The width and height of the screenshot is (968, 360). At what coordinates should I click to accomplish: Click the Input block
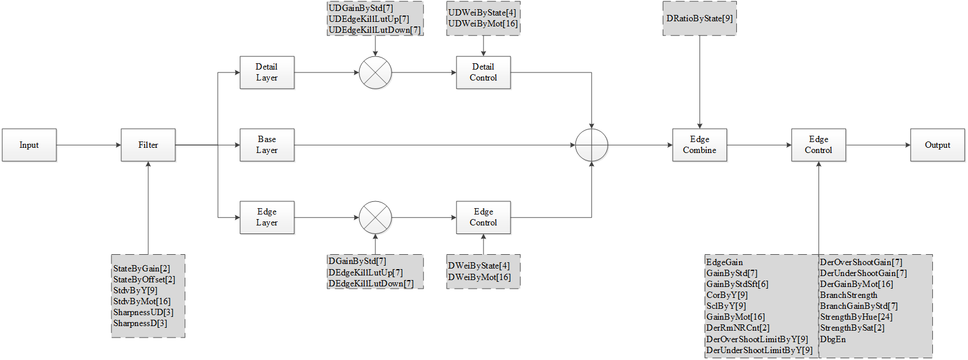click(x=29, y=145)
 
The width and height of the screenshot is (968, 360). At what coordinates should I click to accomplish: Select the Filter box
click(x=148, y=145)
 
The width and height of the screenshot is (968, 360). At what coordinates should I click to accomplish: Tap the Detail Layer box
click(x=267, y=72)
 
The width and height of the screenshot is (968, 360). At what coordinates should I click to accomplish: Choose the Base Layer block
click(x=267, y=145)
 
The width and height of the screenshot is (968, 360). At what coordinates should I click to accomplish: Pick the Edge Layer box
click(x=267, y=217)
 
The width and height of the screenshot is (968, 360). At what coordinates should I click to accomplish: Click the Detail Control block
click(x=483, y=72)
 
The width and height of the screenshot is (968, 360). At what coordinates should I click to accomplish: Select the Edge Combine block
click(x=700, y=145)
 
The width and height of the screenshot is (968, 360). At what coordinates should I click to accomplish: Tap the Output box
click(x=938, y=145)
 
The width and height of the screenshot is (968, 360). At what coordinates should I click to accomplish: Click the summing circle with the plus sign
click(x=591, y=145)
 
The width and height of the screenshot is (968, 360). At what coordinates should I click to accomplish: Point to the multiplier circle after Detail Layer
click(x=375, y=72)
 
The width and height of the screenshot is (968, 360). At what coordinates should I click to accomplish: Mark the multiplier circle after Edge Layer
click(x=375, y=217)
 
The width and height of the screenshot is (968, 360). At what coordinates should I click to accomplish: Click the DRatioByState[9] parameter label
click(x=700, y=18)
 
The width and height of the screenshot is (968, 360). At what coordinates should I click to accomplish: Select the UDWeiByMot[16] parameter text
click(x=483, y=24)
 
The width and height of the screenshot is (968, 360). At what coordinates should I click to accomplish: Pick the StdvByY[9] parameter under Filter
click(x=135, y=290)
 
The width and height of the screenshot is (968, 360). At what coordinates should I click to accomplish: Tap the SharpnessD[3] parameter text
click(x=140, y=323)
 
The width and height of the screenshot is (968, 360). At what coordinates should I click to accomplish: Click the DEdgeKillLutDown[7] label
click(x=371, y=284)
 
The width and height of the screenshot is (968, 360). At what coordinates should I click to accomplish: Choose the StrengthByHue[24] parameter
click(x=856, y=317)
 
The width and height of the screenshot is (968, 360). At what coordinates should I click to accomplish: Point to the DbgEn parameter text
click(x=833, y=339)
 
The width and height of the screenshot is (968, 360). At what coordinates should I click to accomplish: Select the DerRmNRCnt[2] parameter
click(x=738, y=328)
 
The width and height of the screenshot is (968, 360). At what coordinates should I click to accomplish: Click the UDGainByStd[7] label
click(x=361, y=8)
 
